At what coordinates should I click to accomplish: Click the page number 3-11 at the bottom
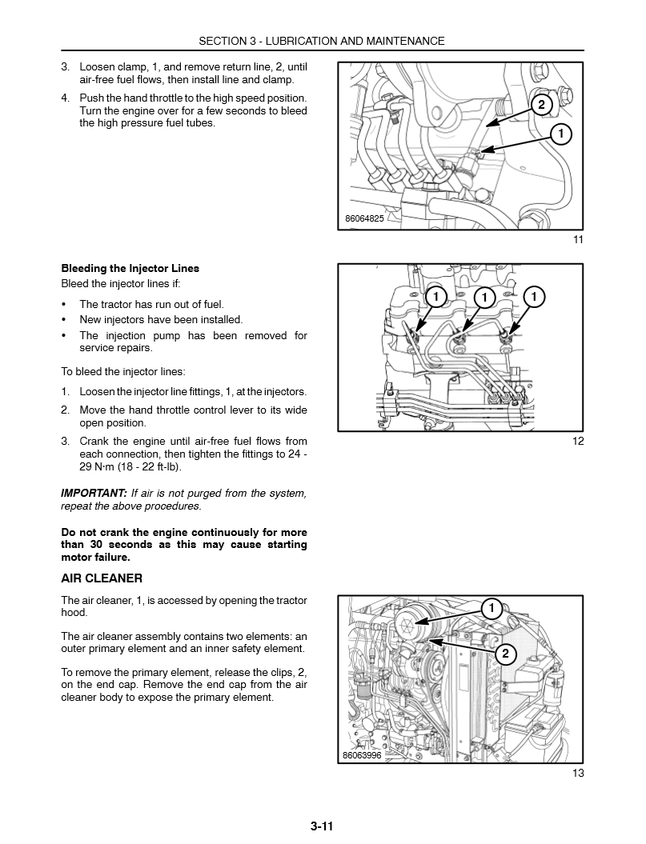click(322, 826)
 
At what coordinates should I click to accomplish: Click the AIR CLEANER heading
click(102, 578)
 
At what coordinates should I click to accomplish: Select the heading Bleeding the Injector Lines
click(130, 268)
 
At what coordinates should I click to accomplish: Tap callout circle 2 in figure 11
click(540, 105)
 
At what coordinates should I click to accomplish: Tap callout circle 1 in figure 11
click(561, 134)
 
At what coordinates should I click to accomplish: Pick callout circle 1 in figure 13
click(492, 609)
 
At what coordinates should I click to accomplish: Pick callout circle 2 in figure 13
click(505, 654)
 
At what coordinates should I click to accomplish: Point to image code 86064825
click(365, 218)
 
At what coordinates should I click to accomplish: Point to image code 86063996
click(362, 755)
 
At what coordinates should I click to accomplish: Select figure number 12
click(578, 441)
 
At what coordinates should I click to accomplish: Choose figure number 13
click(578, 773)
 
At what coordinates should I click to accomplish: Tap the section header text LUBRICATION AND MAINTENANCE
click(365, 41)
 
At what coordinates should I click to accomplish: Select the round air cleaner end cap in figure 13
click(411, 618)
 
